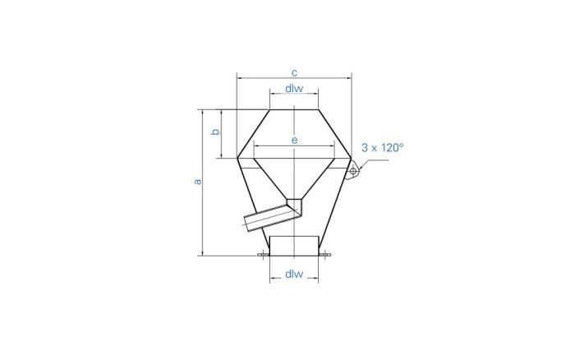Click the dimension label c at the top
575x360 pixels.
tap(294, 72)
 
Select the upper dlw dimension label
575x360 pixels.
tap(294, 89)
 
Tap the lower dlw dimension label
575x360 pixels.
tap(294, 274)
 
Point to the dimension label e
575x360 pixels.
tap(294, 141)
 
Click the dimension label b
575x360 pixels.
tap(215, 132)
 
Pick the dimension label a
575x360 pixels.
tap(198, 182)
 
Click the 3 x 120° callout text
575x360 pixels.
tap(383, 147)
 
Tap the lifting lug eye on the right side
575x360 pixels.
tap(353, 171)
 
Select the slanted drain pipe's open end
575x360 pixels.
tap(247, 224)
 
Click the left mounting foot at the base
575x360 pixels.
tap(263, 254)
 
